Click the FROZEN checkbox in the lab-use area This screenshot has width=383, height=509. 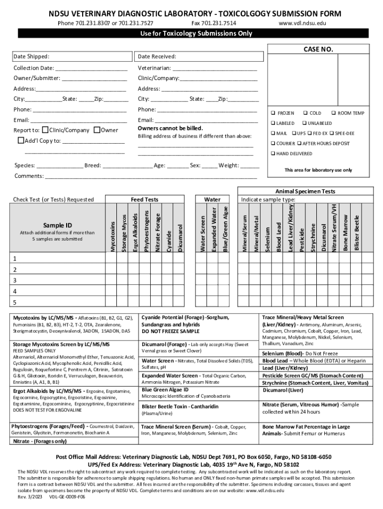click(273, 113)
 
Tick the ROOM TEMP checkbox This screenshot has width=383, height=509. click(334, 113)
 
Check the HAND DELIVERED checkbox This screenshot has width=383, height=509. click(273, 154)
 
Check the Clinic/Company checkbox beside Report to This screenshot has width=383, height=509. click(46, 130)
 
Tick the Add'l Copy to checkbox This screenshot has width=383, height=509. click(21, 141)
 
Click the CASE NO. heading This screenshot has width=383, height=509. click(318, 49)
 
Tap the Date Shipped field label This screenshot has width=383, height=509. click(31, 57)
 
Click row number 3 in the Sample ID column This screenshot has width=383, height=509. click(15, 280)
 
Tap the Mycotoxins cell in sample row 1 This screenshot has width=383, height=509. click(111, 258)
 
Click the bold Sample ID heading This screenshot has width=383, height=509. click(58, 225)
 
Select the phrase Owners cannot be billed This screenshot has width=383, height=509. click(170, 128)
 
